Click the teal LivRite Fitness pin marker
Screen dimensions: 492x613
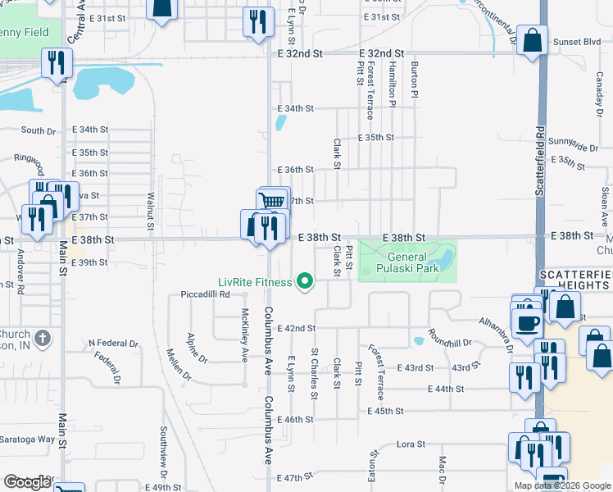click(x=306, y=282)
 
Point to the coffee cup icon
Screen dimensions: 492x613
click(x=527, y=322)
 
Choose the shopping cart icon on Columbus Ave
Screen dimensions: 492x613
click(x=272, y=201)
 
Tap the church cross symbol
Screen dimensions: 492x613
click(x=44, y=337)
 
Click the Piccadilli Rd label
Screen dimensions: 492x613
click(x=206, y=295)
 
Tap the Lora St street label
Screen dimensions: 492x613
click(x=411, y=444)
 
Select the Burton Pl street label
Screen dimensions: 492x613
click(x=415, y=81)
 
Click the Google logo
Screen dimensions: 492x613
click(x=27, y=482)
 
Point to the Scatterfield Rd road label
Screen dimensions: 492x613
click(x=541, y=160)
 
